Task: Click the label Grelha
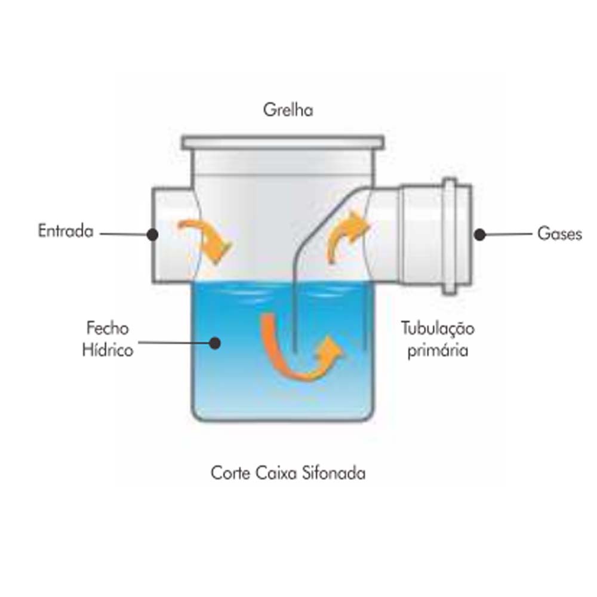(288, 110)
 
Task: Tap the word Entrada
(66, 230)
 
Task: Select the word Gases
(560, 233)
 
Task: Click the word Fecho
(107, 328)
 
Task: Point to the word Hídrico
(107, 350)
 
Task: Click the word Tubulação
(438, 329)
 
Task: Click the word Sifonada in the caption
(334, 473)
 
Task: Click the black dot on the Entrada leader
(153, 235)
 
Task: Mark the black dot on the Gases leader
(480, 235)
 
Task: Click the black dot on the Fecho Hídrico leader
(215, 343)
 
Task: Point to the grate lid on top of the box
(283, 143)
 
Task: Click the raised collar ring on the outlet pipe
(450, 236)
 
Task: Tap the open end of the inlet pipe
(153, 235)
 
